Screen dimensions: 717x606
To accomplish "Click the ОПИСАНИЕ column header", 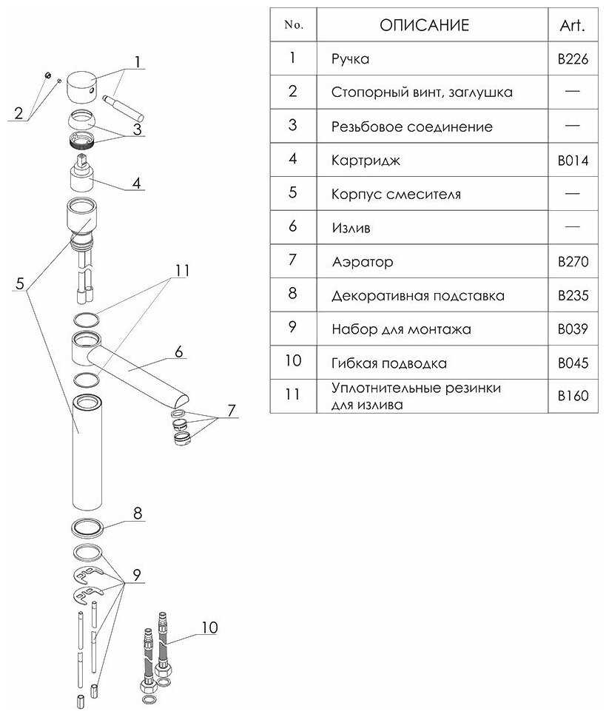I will pyautogui.click(x=424, y=25).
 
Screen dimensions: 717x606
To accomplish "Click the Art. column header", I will pyautogui.click(x=573, y=25).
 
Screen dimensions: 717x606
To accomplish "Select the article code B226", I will pyautogui.click(x=573, y=59).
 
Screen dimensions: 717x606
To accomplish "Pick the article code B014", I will pyautogui.click(x=573, y=161).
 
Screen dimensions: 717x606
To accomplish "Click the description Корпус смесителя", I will pyautogui.click(x=396, y=195).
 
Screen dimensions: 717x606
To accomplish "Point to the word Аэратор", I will pyautogui.click(x=363, y=262).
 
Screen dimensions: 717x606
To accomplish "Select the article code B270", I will pyautogui.click(x=573, y=262).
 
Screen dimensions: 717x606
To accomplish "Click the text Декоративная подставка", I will pyautogui.click(x=418, y=296).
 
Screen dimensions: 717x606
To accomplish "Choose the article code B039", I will pyautogui.click(x=573, y=329).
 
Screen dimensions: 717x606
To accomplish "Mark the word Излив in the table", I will pyautogui.click(x=351, y=228).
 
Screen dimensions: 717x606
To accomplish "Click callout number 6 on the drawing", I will pyautogui.click(x=178, y=352).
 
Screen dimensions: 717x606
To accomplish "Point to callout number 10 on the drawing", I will pyautogui.click(x=209, y=628).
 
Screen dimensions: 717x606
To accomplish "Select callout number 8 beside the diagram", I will pyautogui.click(x=138, y=513).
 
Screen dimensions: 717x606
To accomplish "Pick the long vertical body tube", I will pyautogui.click(x=88, y=455).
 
